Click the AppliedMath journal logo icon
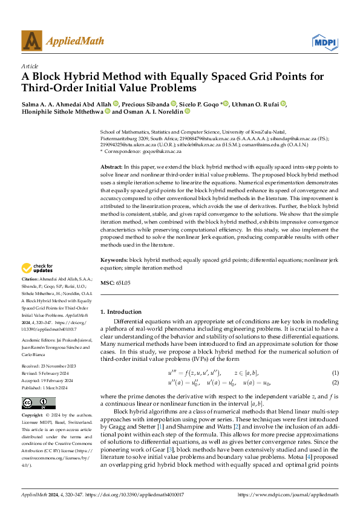[x=32, y=42]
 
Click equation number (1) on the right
[x=335, y=357]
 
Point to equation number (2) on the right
[x=335, y=366]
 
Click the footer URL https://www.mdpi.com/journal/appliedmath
[x=287, y=494]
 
